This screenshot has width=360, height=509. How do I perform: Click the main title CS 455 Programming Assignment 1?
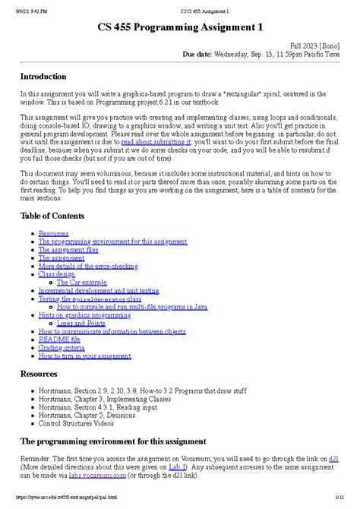click(x=180, y=27)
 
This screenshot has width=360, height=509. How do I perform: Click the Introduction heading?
click(x=47, y=77)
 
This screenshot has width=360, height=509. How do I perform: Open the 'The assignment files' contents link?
click(x=68, y=248)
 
